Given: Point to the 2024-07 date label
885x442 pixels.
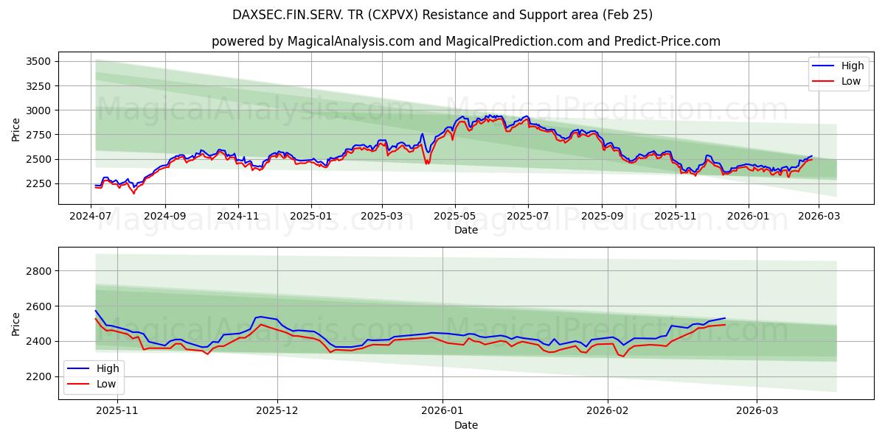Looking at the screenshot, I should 91,215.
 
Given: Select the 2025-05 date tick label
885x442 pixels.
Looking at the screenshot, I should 454,215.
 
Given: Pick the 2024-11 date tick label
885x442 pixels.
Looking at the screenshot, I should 237,215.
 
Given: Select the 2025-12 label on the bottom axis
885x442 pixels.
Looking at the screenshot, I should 277,411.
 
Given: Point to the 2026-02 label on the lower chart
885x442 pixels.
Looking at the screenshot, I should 608,411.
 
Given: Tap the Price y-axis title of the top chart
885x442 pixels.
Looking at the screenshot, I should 16,130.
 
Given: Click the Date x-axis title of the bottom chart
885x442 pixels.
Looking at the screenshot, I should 465,425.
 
